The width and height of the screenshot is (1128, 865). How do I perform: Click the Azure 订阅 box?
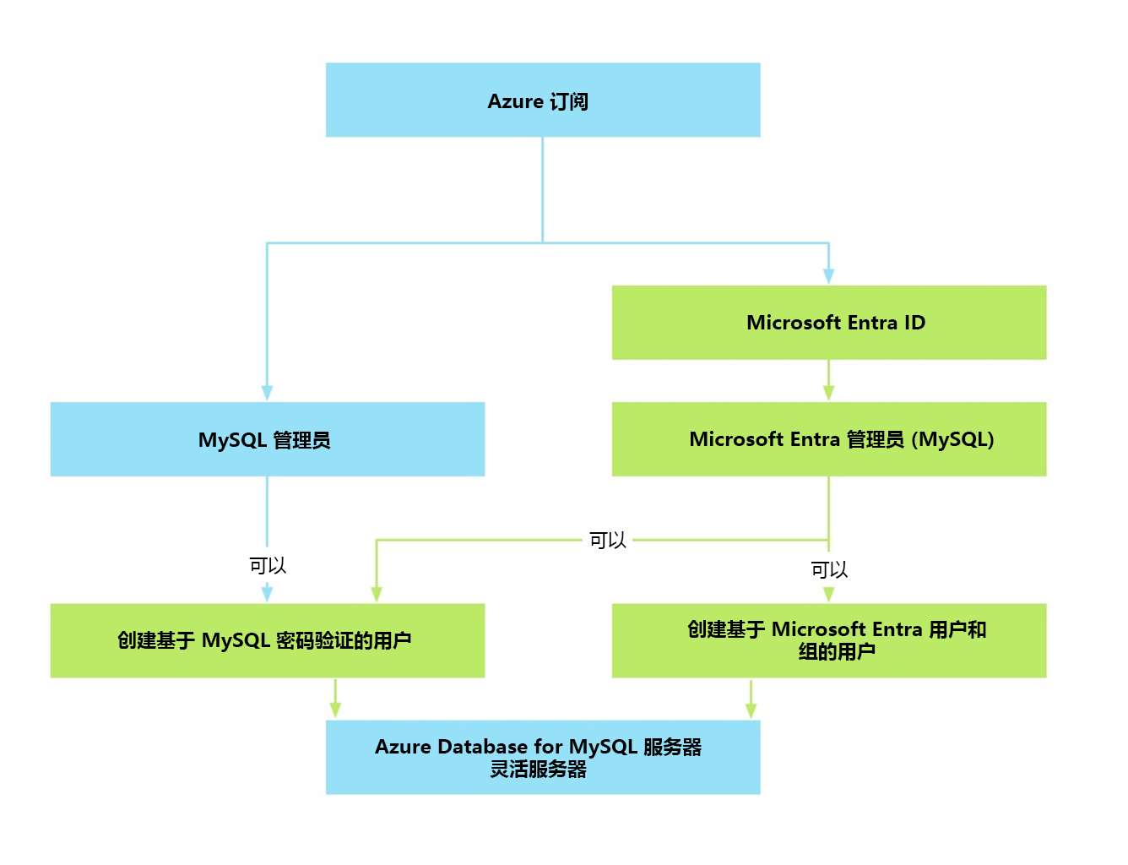pyautogui.click(x=542, y=100)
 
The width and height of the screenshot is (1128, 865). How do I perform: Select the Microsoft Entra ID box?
pyautogui.click(x=828, y=323)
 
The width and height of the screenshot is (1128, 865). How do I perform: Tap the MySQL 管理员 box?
pyautogui.click(x=267, y=439)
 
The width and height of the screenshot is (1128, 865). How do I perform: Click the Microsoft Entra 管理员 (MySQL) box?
pyautogui.click(x=828, y=439)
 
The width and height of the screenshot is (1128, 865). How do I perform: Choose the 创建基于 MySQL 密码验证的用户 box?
pyautogui.click(x=267, y=640)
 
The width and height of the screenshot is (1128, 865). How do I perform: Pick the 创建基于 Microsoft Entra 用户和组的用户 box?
pyautogui.click(x=828, y=640)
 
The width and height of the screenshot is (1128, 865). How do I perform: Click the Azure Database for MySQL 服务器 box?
pyautogui.click(x=542, y=757)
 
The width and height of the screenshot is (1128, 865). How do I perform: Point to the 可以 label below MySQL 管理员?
pyautogui.click(x=268, y=566)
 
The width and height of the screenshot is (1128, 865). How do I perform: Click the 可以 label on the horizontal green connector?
pyautogui.click(x=607, y=541)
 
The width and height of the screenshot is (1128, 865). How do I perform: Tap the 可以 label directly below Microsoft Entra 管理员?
pyautogui.click(x=828, y=570)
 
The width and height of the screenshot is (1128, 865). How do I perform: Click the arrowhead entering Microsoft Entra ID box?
pyautogui.click(x=828, y=275)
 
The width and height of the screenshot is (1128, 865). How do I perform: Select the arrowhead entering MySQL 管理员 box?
pyautogui.click(x=267, y=393)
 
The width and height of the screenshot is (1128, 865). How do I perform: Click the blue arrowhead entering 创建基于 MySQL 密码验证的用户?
pyautogui.click(x=267, y=594)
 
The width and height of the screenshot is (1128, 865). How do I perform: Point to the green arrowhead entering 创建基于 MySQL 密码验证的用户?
pyautogui.click(x=377, y=594)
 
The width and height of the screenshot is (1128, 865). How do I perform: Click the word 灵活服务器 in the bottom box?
pyautogui.click(x=539, y=770)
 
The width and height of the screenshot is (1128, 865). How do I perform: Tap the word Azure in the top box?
pyautogui.click(x=515, y=101)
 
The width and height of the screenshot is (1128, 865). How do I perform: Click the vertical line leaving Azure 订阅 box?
pyautogui.click(x=542, y=190)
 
